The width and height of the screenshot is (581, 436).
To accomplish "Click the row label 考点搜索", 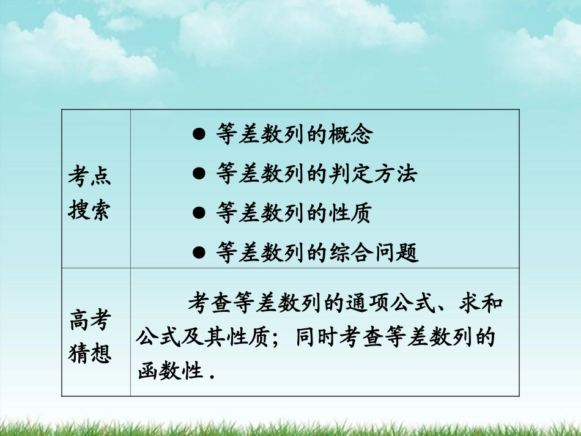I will (x=89, y=193).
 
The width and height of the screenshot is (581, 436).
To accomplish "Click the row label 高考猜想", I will (x=90, y=336).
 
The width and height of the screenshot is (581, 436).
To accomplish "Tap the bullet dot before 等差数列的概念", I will (x=198, y=135).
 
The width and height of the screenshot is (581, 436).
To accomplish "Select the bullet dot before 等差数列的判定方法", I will (x=198, y=174).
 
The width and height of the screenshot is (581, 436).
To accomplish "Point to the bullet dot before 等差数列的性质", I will (x=198, y=213).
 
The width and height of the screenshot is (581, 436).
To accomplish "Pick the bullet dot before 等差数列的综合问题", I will (x=198, y=252).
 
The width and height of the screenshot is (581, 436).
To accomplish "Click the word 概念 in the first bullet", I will (x=352, y=135).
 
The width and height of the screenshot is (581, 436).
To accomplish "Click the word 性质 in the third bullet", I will (x=352, y=213).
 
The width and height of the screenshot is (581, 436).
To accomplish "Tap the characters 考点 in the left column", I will (x=89, y=178).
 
